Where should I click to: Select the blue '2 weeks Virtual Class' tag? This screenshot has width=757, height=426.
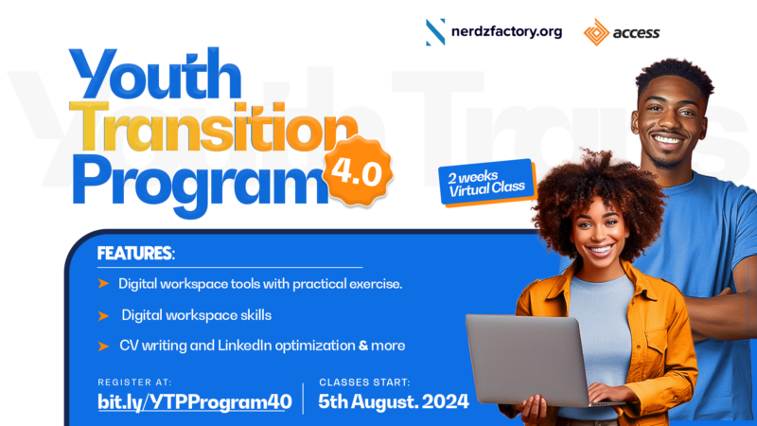point(485,182)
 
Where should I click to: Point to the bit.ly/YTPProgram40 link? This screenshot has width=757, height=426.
point(194,400)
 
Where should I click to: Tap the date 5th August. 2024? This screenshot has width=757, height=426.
point(394,400)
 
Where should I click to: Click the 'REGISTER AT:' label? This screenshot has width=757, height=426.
point(133,382)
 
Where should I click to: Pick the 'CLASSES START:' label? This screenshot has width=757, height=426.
point(364,382)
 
